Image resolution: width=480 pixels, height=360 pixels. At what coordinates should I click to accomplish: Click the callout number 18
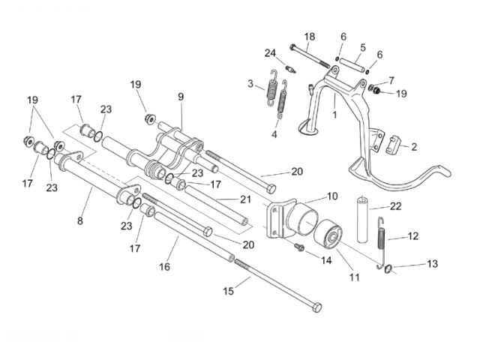point(310,36)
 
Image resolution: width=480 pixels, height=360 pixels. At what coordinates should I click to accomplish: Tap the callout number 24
point(270,52)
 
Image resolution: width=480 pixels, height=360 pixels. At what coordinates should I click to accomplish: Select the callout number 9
point(181,96)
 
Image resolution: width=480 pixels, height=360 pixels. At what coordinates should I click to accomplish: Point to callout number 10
point(332,196)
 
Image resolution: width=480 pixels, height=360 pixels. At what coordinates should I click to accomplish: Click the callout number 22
point(395,206)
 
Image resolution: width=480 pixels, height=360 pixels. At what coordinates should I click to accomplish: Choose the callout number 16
point(164,265)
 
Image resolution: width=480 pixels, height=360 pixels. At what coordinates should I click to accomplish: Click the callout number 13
point(433,263)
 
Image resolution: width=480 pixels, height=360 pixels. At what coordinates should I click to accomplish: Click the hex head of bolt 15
point(319,307)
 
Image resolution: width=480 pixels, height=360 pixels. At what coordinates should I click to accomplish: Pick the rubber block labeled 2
point(393,143)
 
